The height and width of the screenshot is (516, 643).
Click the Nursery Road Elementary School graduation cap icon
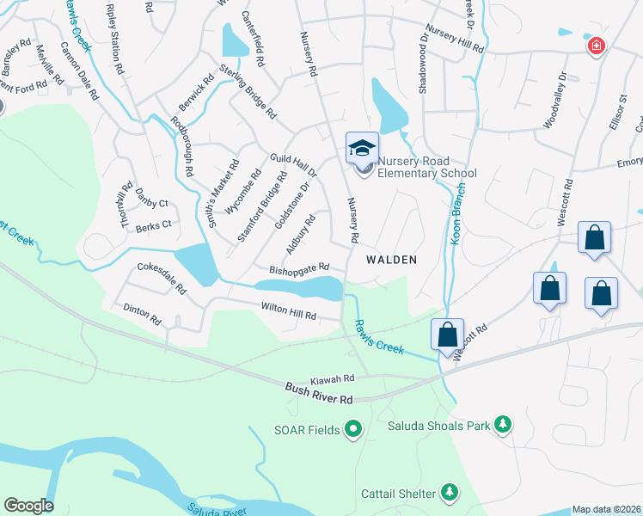click(x=362, y=148)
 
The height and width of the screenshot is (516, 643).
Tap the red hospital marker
click(x=595, y=46)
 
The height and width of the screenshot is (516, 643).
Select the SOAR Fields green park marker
click(x=352, y=428)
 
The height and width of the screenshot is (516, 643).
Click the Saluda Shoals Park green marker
click(x=503, y=424)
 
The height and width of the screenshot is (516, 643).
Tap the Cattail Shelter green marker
click(x=448, y=491)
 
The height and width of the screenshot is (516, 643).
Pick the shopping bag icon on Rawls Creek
click(x=447, y=335)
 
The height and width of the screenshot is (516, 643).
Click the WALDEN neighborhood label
click(x=391, y=259)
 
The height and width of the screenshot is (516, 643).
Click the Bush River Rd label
click(x=320, y=395)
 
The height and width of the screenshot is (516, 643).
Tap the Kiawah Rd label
click(x=332, y=378)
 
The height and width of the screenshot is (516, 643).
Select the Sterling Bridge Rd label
click(x=248, y=91)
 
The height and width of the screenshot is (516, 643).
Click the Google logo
click(x=28, y=506)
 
